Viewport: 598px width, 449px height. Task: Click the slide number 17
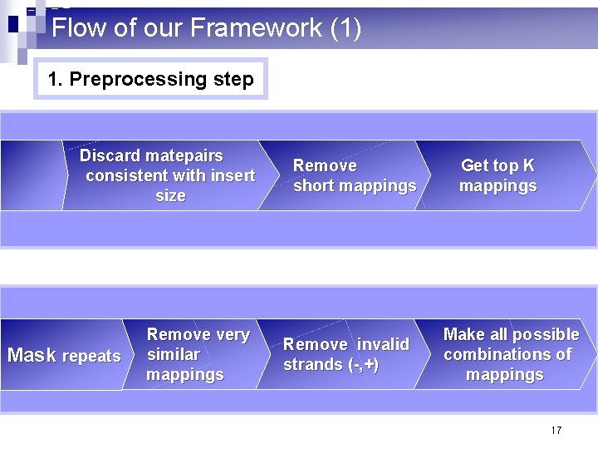[x=556, y=430]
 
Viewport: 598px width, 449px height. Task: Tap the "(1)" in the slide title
[x=346, y=28]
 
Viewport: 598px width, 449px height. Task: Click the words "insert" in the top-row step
[x=233, y=176]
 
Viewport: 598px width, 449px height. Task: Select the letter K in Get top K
[x=529, y=166]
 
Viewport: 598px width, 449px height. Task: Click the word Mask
[x=32, y=356]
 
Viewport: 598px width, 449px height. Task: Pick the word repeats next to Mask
[x=91, y=357]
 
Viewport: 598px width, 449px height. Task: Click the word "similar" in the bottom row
[x=174, y=355]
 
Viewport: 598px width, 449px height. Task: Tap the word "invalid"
[x=383, y=344]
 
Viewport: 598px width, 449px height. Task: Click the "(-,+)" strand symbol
[x=364, y=364]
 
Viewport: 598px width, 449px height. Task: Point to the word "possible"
[x=545, y=334]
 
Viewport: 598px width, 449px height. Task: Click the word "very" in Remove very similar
[x=233, y=335]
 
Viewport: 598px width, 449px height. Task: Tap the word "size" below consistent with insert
[x=170, y=196]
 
